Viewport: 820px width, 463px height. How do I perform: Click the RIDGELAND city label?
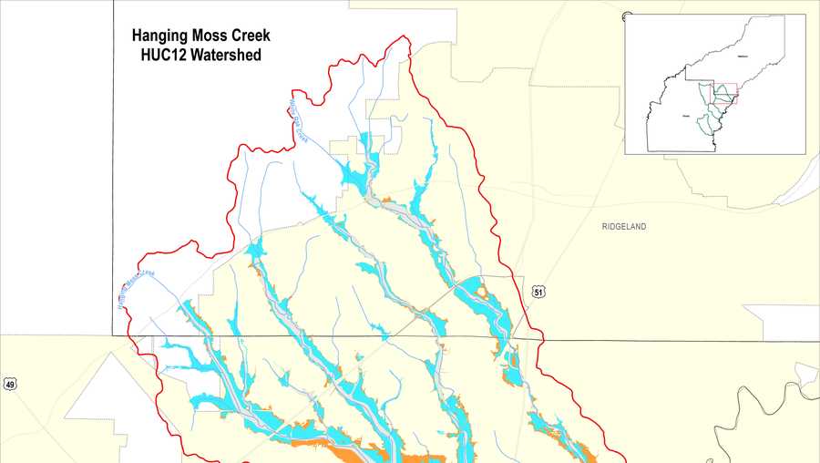point(623,227)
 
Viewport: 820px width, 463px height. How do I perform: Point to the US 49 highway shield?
point(10,384)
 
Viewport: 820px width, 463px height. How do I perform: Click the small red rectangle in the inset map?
point(724,93)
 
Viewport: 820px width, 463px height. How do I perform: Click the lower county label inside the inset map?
point(685,117)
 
